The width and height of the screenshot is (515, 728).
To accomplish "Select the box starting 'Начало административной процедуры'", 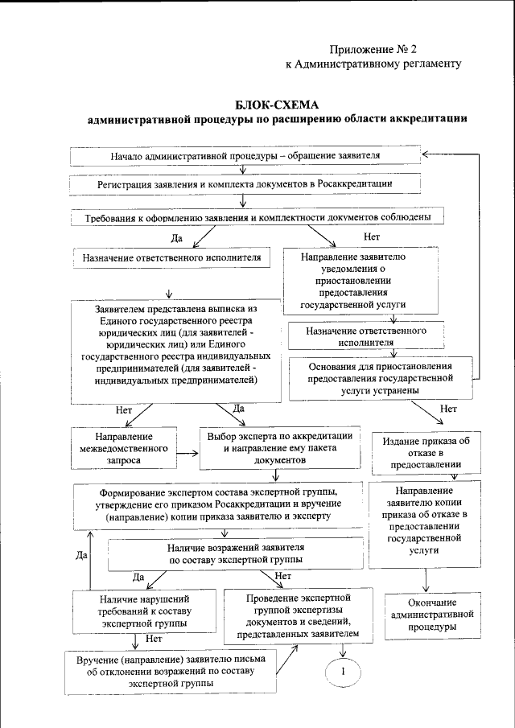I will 245,155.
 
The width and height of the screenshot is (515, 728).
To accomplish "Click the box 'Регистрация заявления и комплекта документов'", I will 245,184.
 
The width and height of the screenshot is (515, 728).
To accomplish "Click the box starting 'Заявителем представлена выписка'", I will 175,351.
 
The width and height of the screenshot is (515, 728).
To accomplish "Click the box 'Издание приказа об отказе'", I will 426,452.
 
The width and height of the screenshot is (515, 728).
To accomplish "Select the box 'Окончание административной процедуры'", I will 431,615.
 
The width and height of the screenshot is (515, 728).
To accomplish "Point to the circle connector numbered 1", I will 344,671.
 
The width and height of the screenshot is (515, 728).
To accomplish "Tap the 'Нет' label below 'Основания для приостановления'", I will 448,408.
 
